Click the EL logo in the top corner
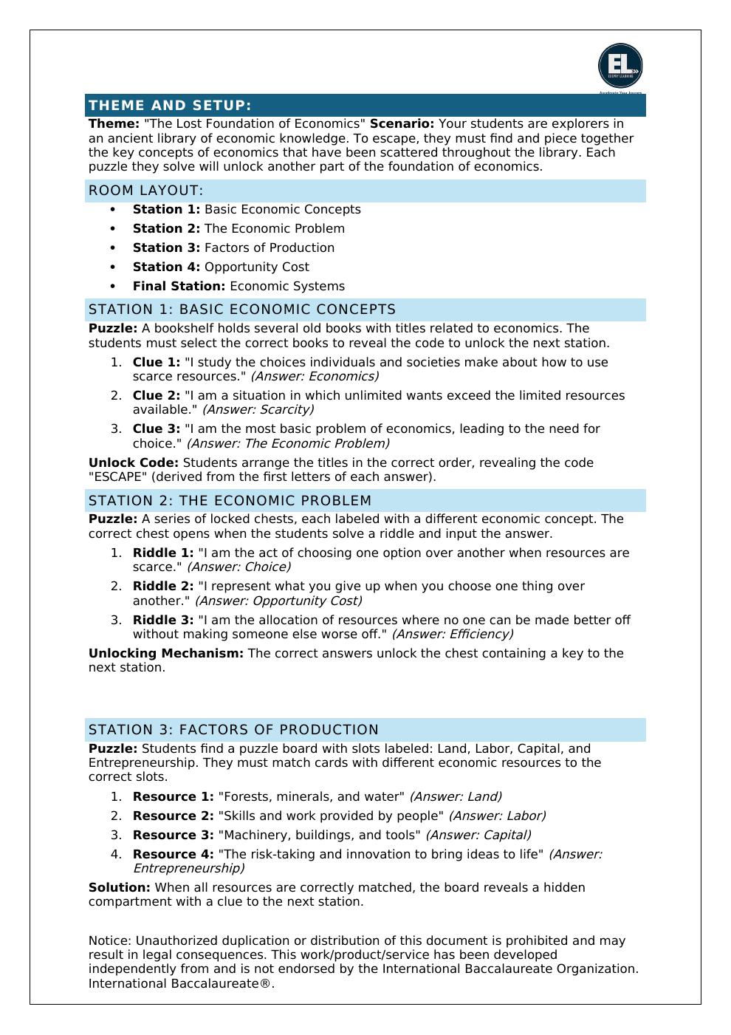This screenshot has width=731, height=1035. [620, 66]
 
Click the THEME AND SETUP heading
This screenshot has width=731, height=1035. [170, 106]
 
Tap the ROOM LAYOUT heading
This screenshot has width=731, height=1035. [145, 191]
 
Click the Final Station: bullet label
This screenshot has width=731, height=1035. [179, 287]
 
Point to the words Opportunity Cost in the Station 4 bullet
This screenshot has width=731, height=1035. [256, 267]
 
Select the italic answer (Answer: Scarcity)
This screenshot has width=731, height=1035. [258, 410]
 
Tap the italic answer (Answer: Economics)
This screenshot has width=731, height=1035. [315, 377]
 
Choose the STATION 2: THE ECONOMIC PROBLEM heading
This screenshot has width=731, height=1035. [230, 501]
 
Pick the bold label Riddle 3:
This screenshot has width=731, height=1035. [163, 621]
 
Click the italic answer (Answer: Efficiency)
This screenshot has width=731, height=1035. [453, 635]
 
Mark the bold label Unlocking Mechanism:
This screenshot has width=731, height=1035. [165, 654]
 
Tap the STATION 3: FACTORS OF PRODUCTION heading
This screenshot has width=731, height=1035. [233, 730]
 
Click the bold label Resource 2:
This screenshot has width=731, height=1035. [173, 816]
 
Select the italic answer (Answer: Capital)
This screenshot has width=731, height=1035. [478, 836]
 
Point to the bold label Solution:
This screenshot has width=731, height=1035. [119, 888]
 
